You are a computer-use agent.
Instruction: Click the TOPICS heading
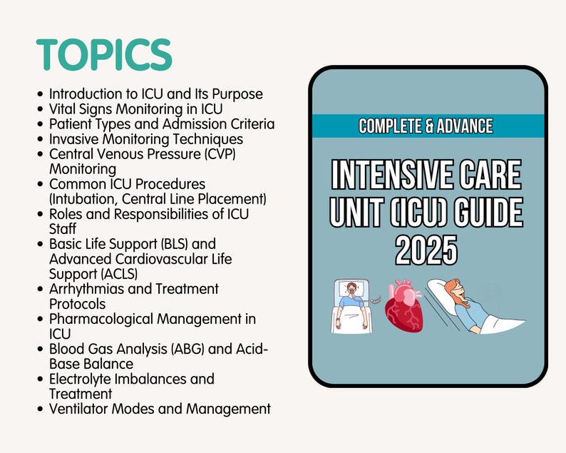coord(104,55)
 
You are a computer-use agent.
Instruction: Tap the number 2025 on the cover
coord(426,250)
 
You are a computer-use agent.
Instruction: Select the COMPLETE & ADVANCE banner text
coord(426,126)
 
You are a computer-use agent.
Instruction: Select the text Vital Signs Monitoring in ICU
coord(135,108)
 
